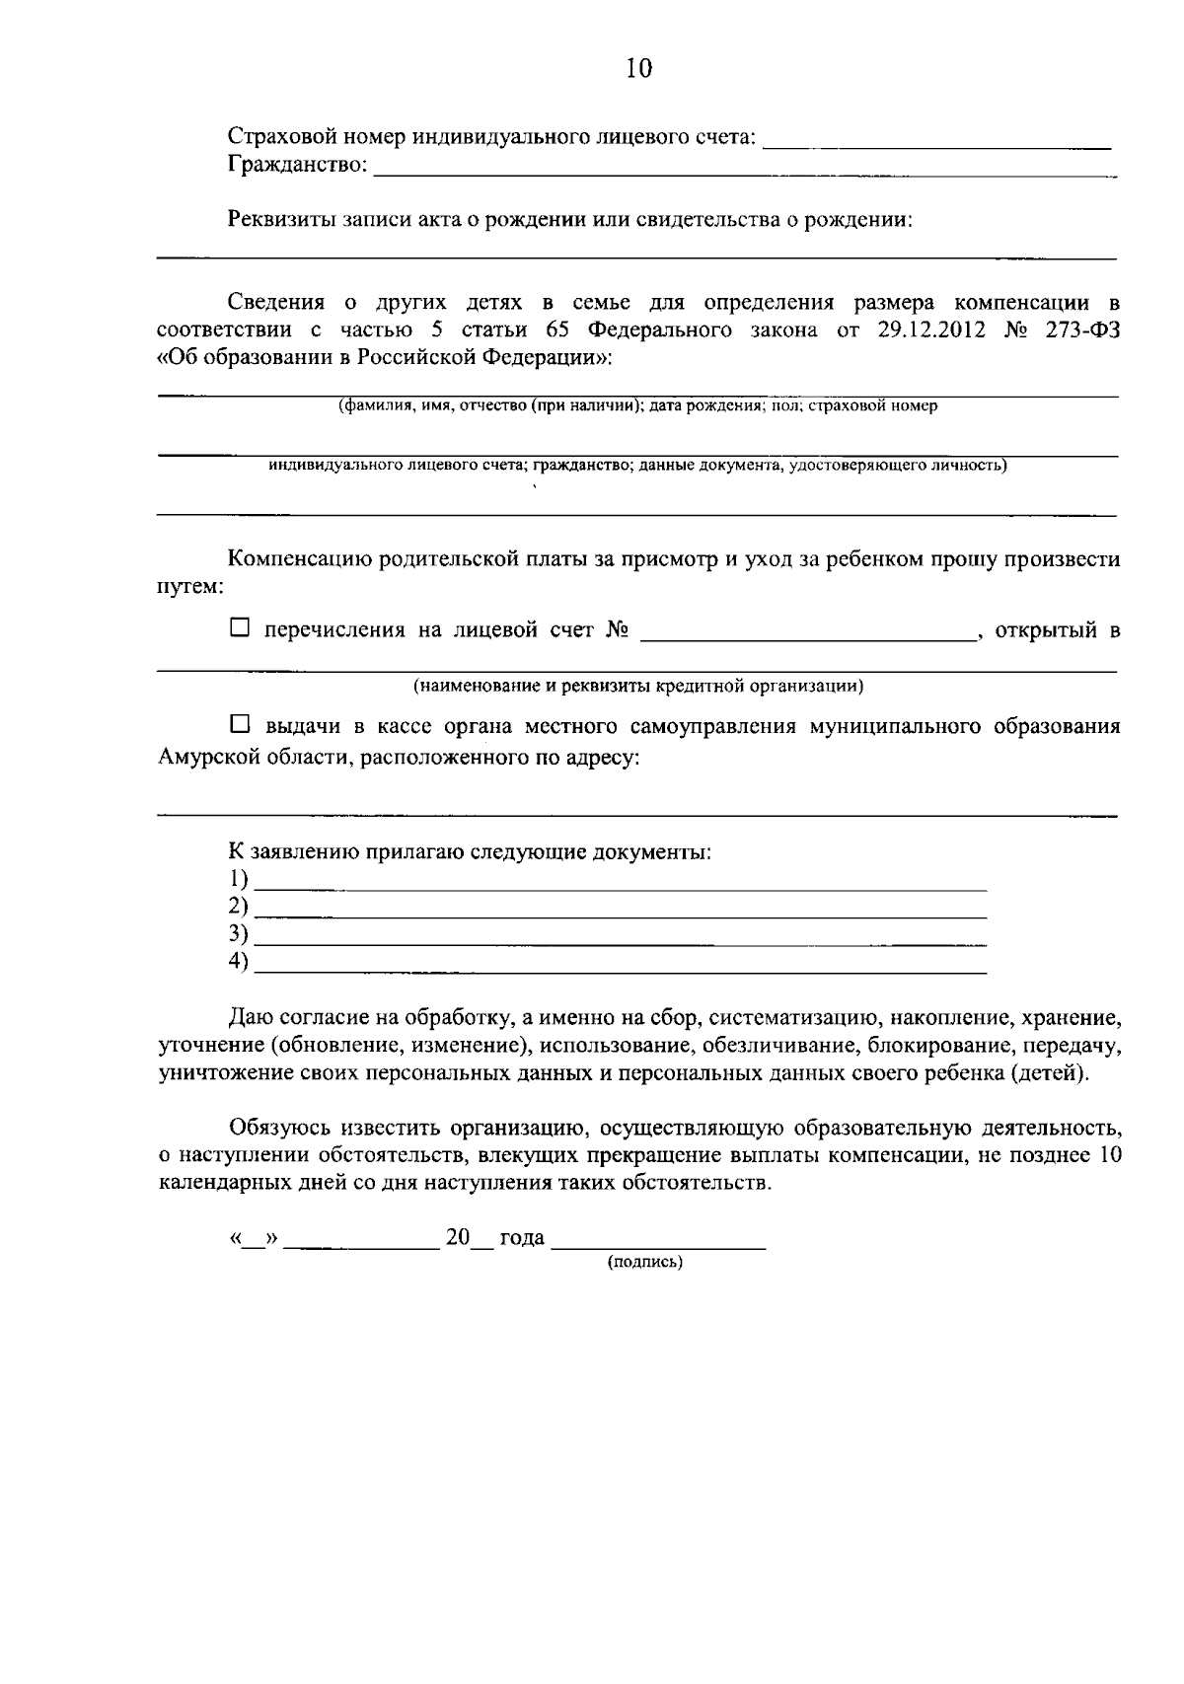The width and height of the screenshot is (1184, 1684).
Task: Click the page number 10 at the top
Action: tap(639, 68)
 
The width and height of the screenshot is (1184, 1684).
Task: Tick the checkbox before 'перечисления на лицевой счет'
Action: tap(240, 627)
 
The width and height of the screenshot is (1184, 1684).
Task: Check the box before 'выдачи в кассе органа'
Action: tap(240, 725)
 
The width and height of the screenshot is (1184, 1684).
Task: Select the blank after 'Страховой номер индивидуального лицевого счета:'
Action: tap(937, 143)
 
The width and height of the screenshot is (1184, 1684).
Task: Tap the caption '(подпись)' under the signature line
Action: tap(645, 1262)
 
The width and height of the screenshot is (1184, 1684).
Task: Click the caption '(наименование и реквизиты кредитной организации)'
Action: tap(638, 685)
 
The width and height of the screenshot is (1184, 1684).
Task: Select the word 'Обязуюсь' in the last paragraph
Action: tap(279, 1128)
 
